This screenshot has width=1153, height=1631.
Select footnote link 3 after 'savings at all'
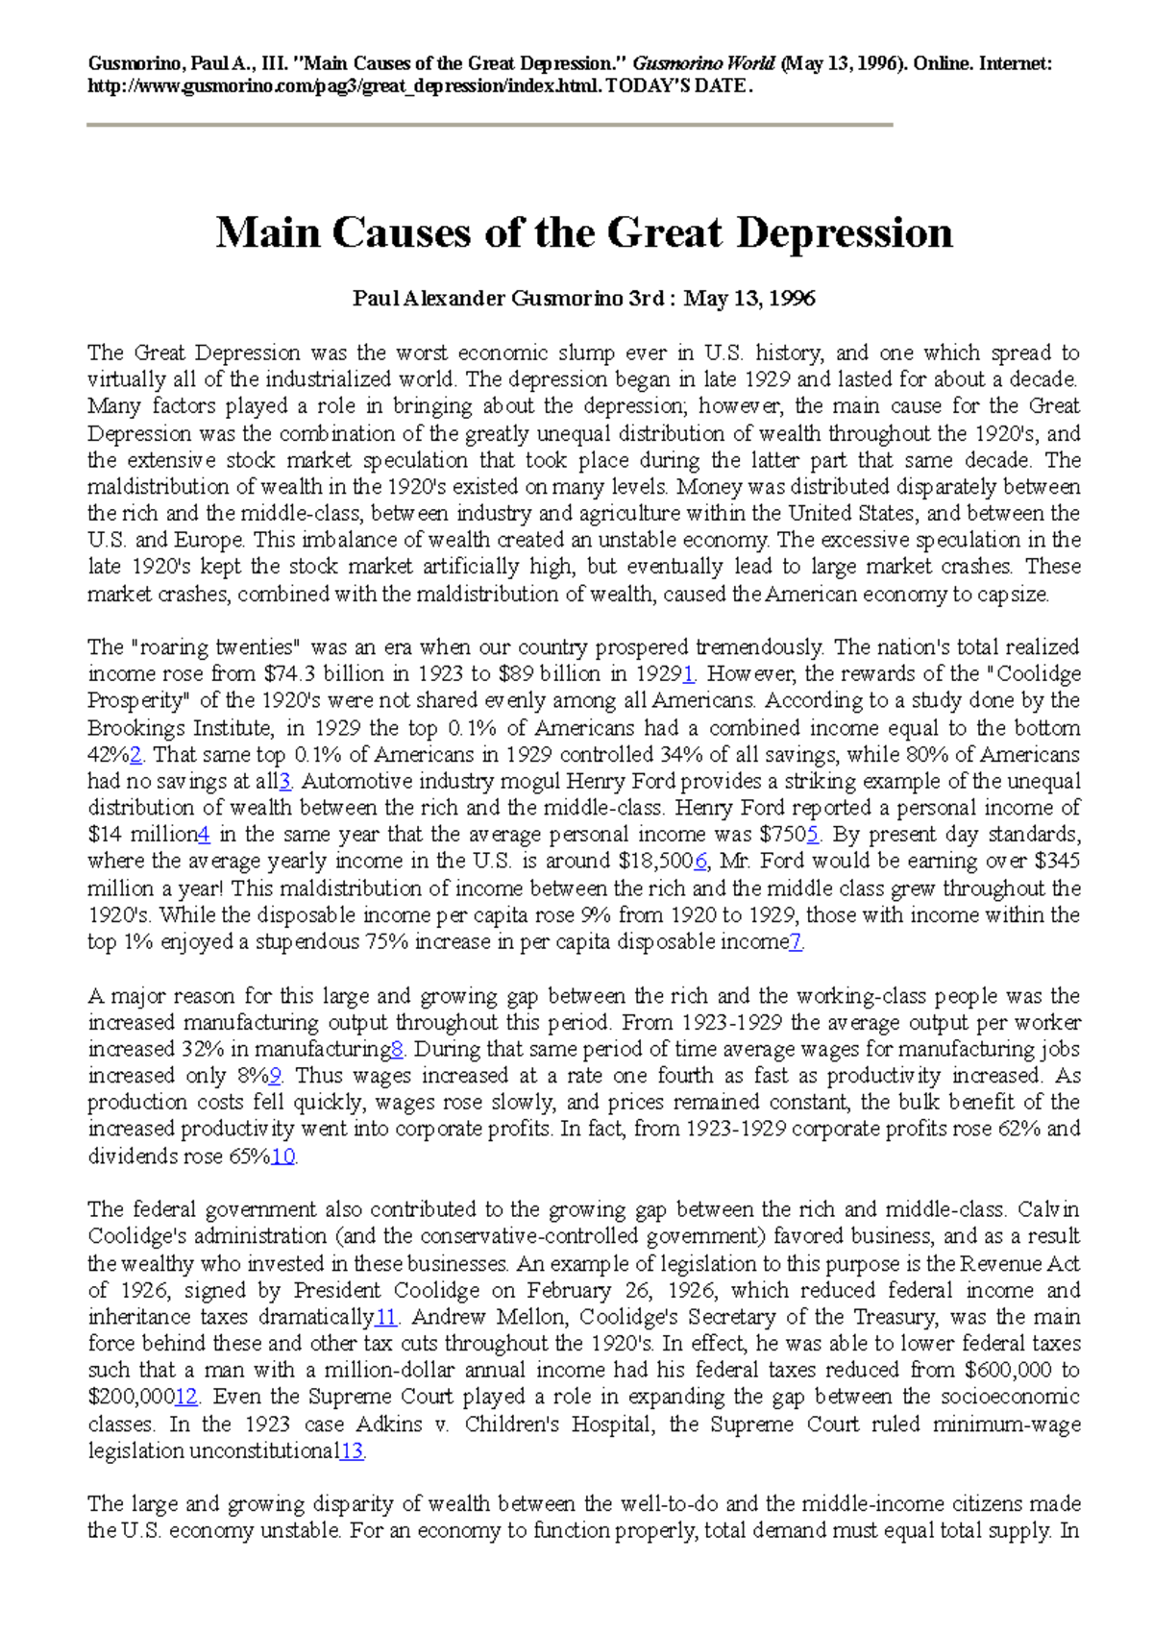[284, 782]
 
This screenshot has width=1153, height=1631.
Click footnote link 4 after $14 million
[204, 835]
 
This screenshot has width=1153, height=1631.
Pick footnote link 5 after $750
[813, 835]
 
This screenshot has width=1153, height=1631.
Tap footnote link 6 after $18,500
[700, 862]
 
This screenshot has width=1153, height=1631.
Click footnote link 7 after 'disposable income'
[796, 942]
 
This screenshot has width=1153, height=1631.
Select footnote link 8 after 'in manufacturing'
[398, 1050]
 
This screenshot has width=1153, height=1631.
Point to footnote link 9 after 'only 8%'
[276, 1077]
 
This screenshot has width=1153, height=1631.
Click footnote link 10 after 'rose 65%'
[282, 1156]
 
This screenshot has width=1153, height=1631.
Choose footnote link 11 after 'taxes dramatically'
[386, 1317]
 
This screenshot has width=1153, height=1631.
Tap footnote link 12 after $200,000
[186, 1398]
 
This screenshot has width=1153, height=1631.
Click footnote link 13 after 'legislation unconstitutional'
[352, 1451]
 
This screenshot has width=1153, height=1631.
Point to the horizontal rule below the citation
[490, 125]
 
